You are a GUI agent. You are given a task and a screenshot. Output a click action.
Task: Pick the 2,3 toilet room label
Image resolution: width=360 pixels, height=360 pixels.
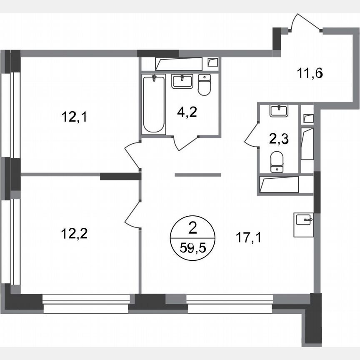point(278,139)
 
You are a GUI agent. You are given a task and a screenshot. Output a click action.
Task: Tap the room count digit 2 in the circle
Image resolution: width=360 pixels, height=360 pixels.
point(192,227)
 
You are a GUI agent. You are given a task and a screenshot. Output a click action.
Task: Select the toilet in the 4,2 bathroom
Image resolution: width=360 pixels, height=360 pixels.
point(204,85)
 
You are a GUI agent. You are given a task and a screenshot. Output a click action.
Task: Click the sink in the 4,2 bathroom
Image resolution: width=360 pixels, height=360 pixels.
point(182,81)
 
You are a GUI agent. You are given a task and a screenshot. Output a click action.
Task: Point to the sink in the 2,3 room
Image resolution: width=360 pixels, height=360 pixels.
point(279,110)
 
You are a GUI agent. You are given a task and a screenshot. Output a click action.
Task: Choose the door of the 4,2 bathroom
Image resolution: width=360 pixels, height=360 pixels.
point(186,142)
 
